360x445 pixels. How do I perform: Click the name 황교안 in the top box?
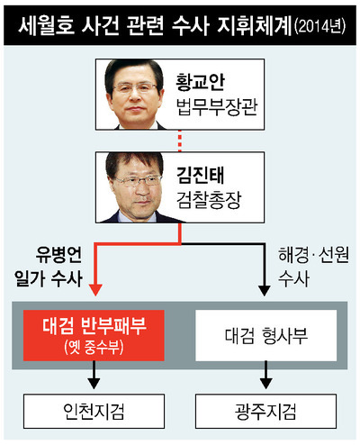coord(200,82)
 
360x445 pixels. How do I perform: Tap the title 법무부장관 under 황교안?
coord(217,107)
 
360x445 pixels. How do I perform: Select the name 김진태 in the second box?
coord(200,175)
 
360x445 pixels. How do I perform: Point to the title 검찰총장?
coord(209,200)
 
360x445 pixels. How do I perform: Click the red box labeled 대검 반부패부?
coord(94,335)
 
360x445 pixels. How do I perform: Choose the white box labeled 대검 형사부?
coord(266,335)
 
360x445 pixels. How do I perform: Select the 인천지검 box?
coord(94,411)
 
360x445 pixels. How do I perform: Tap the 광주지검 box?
coord(266,411)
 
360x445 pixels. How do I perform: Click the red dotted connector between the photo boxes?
coord(180,141)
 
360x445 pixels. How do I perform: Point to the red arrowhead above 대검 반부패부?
coord(95,290)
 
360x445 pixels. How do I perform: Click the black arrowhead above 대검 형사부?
coord(265,290)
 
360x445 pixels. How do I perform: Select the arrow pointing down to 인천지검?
coord(94,375)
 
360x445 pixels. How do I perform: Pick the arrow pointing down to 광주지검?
coord(266,375)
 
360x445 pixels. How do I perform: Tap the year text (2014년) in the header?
coord(320,26)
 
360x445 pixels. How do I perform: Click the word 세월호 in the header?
coord(47,25)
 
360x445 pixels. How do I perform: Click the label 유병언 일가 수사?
coord(49,267)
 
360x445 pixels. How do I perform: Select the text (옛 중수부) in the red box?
coord(94,347)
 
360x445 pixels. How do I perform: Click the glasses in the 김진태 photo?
coord(138,180)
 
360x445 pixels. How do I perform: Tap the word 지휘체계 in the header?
coord(255,25)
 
